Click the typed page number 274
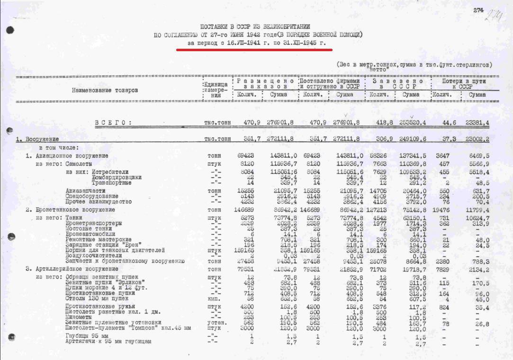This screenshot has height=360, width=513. pyautogui.click(x=477, y=10)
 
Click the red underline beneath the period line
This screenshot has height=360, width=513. pyautogui.click(x=254, y=49)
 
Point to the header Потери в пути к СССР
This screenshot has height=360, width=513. pyautogui.click(x=465, y=84)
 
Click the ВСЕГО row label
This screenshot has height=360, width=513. pyautogui.click(x=113, y=123)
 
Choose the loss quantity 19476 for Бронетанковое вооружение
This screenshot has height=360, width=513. pyautogui.click(x=441, y=210)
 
